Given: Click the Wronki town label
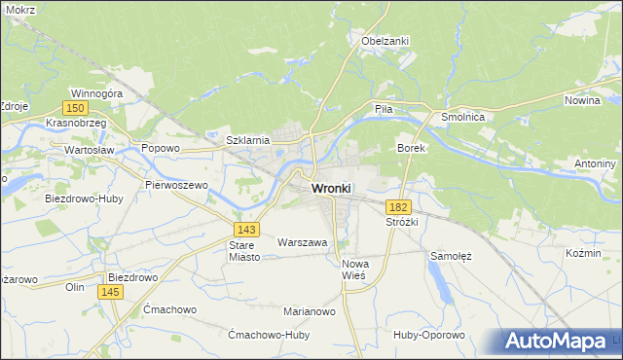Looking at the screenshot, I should tap(331, 188).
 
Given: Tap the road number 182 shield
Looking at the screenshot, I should tap(397, 207).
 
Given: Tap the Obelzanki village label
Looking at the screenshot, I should tap(385, 41).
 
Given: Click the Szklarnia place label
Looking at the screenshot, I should tap(247, 140).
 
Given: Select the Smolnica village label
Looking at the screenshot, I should tap(469, 116).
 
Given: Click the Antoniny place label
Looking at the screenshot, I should tap(596, 162).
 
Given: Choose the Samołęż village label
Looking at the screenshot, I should tap(451, 256).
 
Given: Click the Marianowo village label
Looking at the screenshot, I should tap(310, 311).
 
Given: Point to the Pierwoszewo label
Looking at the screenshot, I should tap(177, 184).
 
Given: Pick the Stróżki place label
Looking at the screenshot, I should tap(401, 222).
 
